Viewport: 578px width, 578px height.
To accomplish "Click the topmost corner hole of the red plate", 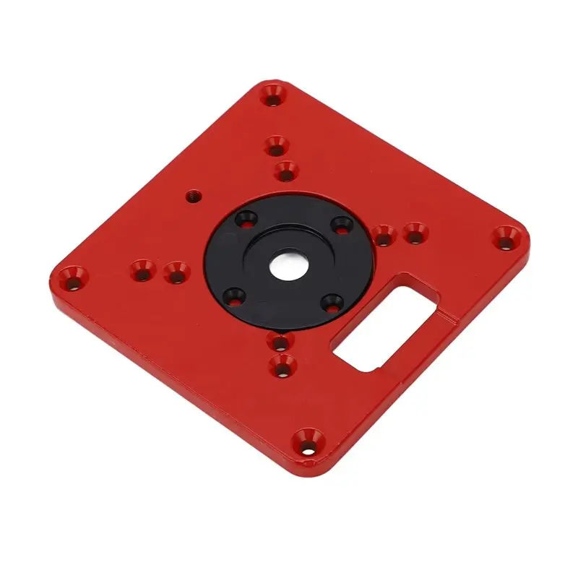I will (x=272, y=94).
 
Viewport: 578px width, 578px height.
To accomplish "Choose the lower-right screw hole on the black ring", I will (x=332, y=302).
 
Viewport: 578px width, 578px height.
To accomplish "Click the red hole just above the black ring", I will (x=287, y=171).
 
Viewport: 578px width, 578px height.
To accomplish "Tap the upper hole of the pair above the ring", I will (x=275, y=147).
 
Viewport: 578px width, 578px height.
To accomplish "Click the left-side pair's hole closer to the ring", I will (x=176, y=272).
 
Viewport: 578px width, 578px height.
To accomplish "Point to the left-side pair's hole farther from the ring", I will (x=142, y=271).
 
